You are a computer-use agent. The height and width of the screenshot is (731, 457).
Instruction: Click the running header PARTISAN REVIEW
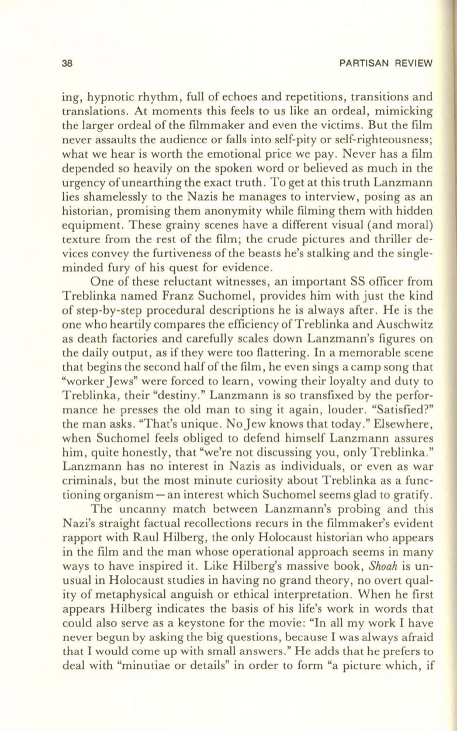tap(390, 64)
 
